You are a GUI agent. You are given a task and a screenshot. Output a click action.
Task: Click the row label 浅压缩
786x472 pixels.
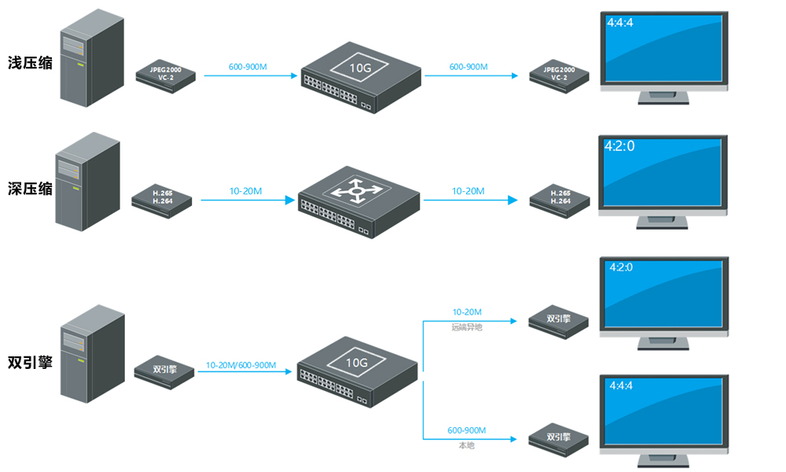tap(30, 63)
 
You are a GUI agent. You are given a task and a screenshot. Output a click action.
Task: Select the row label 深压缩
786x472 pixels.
tap(30, 190)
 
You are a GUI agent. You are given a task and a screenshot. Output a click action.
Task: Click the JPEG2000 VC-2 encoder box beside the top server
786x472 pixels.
tap(166, 75)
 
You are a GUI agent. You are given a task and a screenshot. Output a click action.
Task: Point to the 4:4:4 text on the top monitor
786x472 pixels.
tap(620, 22)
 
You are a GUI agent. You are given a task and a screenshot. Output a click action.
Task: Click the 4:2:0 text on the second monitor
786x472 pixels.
tap(619, 146)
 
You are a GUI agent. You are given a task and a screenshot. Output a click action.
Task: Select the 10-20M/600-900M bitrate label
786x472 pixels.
tap(241, 365)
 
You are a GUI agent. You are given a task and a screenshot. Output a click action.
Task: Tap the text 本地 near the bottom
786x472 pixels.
tap(466, 445)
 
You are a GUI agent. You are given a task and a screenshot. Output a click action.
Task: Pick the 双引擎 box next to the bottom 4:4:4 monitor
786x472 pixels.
tap(559, 437)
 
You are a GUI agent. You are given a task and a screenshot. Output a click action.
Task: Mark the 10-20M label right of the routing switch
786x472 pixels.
tap(468, 191)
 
